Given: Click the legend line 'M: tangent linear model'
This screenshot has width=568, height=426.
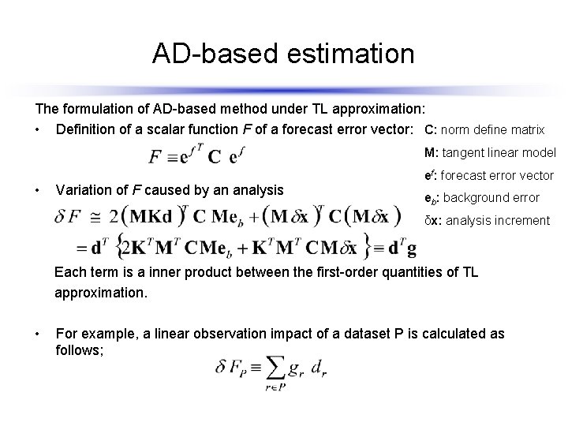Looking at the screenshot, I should tap(490, 152).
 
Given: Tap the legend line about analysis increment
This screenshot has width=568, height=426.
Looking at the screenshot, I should tap(487, 220).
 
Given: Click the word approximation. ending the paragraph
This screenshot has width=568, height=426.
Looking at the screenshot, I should tap(100, 292).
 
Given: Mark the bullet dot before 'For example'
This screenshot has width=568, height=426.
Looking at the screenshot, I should tap(38, 334).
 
